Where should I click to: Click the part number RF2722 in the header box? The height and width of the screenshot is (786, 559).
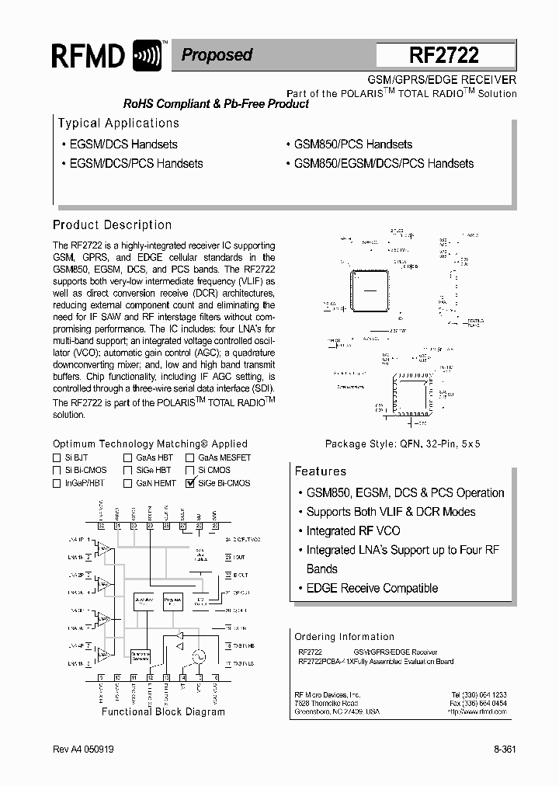tap(445, 55)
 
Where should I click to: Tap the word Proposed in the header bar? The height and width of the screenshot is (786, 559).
tap(217, 55)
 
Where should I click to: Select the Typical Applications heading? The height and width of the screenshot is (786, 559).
tap(119, 123)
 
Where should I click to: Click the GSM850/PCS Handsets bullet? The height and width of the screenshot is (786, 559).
tap(352, 144)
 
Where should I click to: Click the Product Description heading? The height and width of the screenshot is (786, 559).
tap(112, 225)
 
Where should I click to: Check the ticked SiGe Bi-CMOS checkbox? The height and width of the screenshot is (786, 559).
tap(190, 483)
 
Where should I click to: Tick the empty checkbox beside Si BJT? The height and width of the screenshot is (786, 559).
tap(57, 458)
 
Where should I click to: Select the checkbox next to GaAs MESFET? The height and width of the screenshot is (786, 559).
tap(190, 458)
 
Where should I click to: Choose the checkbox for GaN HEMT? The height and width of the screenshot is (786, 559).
tap(127, 483)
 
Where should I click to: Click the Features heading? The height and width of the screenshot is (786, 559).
tap(320, 471)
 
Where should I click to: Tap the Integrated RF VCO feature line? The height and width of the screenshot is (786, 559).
tap(353, 531)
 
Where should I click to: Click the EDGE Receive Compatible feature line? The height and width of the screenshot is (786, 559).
tap(372, 589)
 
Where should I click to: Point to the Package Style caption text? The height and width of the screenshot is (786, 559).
tap(402, 444)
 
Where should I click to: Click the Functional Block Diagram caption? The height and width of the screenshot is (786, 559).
tap(163, 711)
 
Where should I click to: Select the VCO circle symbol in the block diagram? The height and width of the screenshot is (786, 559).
tap(198, 656)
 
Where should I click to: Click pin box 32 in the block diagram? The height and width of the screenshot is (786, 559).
tap(102, 527)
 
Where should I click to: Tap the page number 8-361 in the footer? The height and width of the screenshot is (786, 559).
tap(504, 749)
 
